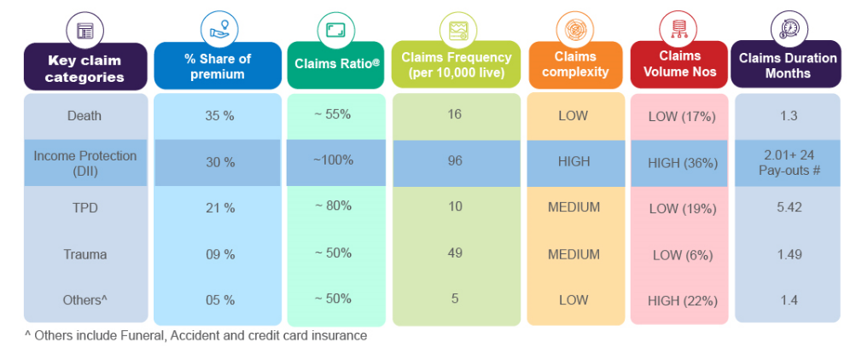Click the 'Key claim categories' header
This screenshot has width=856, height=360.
tap(85, 68)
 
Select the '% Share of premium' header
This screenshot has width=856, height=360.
tap(218, 66)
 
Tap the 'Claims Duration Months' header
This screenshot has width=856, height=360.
tap(787, 65)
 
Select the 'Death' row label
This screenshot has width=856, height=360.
tap(84, 116)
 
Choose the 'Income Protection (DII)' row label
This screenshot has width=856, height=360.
tap(84, 162)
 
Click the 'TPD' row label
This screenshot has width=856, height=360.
tap(84, 208)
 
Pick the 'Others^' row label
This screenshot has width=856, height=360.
tap(84, 300)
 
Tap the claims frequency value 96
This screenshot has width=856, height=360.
tap(455, 160)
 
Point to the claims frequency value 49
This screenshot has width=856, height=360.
tap(455, 253)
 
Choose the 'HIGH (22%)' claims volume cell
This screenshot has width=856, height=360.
tap(681, 300)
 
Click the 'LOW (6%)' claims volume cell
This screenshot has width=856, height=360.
tap(681, 254)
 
